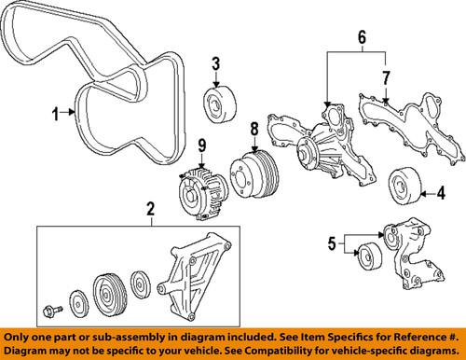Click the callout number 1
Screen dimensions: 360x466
tap(54, 114)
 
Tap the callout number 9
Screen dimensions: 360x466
tap(200, 145)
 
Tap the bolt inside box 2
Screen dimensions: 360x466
tap(53, 308)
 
